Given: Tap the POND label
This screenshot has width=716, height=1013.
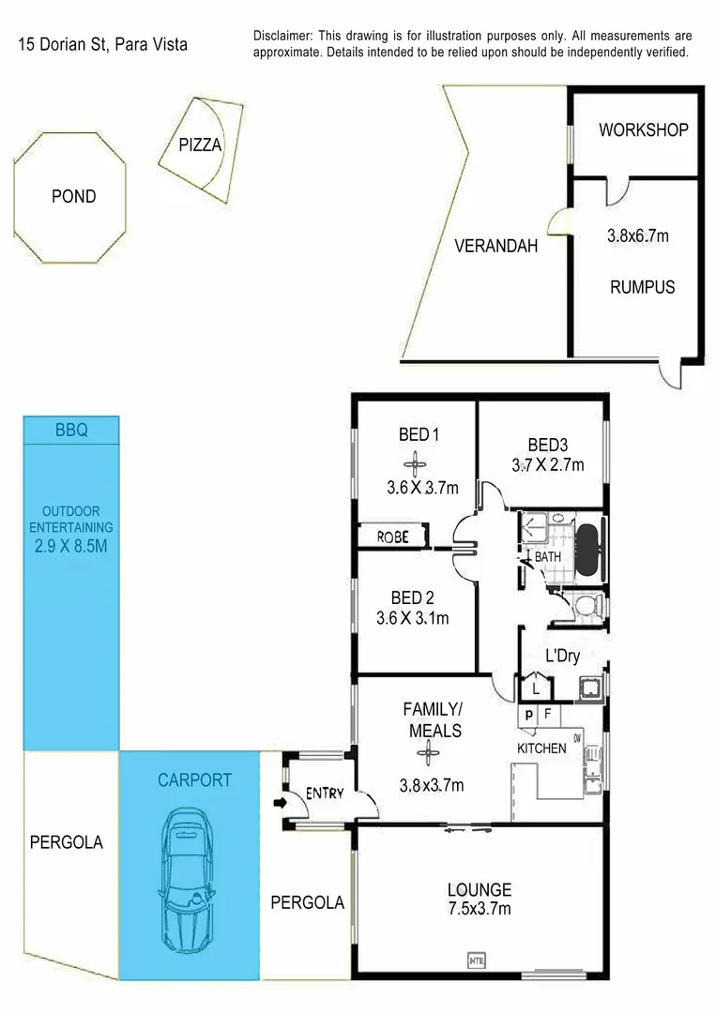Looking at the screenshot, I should (x=72, y=196).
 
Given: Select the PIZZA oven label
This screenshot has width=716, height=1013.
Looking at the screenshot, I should (x=200, y=145).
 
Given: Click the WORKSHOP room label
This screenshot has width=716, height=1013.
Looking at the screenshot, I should (x=643, y=130).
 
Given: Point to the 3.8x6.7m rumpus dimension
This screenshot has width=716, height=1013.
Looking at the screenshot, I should (x=638, y=236).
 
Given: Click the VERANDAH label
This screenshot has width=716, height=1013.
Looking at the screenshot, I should (x=495, y=247).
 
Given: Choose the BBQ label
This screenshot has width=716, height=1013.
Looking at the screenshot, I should (x=71, y=431).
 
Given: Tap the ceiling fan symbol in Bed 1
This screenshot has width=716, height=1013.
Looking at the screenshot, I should (x=415, y=463).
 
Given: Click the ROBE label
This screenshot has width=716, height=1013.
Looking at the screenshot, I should (x=392, y=537).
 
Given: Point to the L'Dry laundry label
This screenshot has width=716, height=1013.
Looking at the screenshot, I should (x=562, y=657).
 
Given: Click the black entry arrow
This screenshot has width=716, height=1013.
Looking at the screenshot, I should (x=279, y=803).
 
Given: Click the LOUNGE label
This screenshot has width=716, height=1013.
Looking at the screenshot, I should (x=479, y=889).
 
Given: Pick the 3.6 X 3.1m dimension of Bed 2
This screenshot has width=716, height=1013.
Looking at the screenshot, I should (x=413, y=618).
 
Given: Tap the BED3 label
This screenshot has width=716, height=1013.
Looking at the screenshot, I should (x=548, y=445).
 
